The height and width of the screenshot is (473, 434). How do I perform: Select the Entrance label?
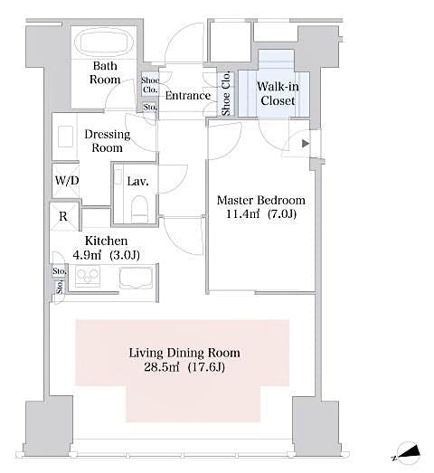tap(189, 96)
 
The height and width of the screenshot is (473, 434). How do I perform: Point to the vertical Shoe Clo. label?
tap(226, 94)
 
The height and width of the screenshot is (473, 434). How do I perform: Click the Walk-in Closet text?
tap(277, 94)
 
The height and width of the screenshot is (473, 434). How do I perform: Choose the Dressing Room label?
tap(108, 141)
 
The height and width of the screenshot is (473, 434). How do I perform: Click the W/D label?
tap(66, 179)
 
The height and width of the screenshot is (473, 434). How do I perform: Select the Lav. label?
tap(137, 182)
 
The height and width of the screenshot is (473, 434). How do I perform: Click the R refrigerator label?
tap(62, 217)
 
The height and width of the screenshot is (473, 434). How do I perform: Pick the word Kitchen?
tap(106, 241)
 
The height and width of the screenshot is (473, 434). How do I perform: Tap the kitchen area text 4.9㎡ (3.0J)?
tap(106, 255)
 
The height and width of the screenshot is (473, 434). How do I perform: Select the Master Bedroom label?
tap(261, 200)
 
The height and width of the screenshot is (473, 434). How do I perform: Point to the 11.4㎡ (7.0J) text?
tap(261, 215)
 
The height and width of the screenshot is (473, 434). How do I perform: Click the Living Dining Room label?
tap(185, 353)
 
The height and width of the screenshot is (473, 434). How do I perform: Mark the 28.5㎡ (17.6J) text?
tap(185, 368)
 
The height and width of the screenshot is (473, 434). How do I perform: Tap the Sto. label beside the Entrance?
tap(149, 107)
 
